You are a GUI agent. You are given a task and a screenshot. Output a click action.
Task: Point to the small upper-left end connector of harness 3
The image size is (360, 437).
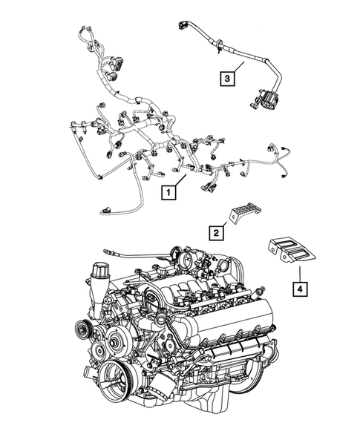(x=183, y=26)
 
